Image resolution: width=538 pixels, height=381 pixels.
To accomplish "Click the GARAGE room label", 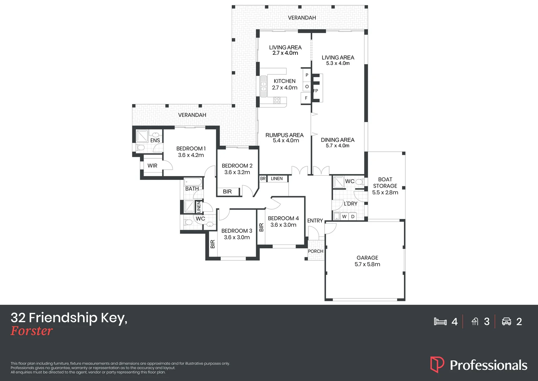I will coord(367,258).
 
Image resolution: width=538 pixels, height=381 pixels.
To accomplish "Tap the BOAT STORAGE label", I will coord(385,182).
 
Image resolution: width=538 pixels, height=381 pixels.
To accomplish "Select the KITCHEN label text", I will coord(284,81).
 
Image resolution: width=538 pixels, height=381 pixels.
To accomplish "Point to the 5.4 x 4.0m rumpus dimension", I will coord(286,141).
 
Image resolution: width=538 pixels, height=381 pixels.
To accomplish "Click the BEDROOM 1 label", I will coord(191,149).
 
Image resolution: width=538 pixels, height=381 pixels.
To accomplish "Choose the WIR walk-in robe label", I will coord(152,166).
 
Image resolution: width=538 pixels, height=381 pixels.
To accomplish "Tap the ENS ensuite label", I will coord(155,140).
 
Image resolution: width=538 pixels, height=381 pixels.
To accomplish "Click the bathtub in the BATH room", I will coord(193,182).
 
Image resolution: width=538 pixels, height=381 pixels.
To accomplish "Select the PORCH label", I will coord(315,251).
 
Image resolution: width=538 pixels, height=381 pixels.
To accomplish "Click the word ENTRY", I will coord(315,220).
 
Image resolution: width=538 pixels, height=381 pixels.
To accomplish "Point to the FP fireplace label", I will coord(315,91).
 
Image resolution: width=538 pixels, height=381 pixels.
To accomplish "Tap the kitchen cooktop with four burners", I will coord(277,101).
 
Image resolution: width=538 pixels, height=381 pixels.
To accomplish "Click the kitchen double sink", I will coord(263,86).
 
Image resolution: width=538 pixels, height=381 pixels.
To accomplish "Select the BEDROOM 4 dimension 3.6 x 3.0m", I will coord(283,225).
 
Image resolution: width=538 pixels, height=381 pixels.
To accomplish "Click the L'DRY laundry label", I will coord(350,204).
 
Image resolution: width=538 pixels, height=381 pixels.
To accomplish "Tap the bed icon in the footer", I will coord(440,321).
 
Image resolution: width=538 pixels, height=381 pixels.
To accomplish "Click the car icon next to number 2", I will coord(506,321).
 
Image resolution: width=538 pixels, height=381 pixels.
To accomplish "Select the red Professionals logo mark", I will coord(437,364).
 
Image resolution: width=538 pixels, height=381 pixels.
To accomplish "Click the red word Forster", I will coord(32,331).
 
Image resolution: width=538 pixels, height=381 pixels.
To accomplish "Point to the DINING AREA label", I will coord(337,140).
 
